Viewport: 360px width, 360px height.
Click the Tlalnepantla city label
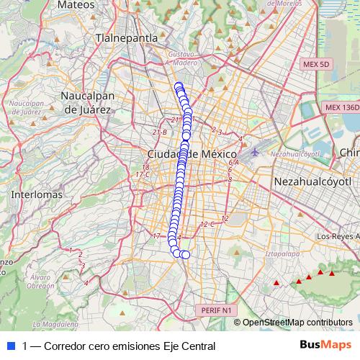[130, 37]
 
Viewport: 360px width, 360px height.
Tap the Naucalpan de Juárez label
[88, 102]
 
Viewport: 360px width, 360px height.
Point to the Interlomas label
[33, 194]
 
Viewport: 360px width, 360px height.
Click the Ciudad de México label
[192, 155]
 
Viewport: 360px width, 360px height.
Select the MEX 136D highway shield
[340, 107]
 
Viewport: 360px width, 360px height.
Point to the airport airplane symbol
[256, 152]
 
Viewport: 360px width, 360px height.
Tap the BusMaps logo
[325, 345]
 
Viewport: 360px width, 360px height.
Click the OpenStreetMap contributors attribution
[297, 322]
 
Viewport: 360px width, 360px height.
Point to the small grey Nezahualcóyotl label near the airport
[294, 154]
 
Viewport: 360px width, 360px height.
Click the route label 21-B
[160, 132]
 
